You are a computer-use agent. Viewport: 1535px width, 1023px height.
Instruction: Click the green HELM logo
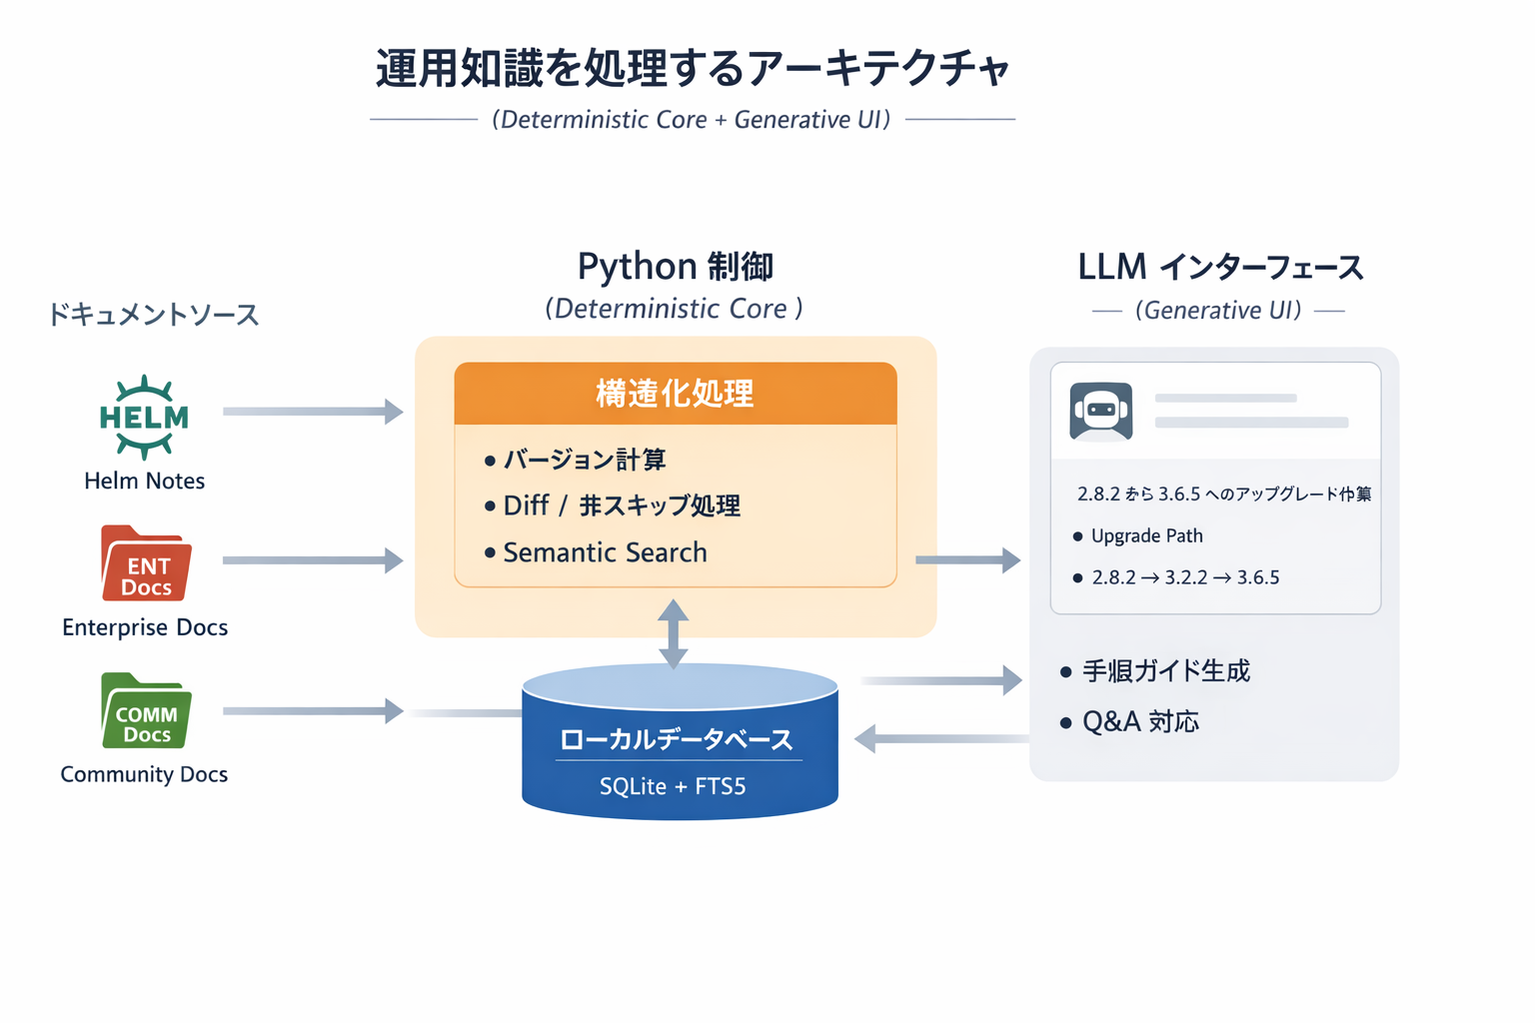[x=144, y=418]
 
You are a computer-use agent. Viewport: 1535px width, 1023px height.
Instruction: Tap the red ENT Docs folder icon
[x=146, y=564]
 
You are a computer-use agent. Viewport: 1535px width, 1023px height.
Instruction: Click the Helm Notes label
[x=144, y=481]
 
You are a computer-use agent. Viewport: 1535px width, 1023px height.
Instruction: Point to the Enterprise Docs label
[x=145, y=627]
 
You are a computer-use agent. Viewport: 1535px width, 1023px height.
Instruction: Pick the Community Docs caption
[x=144, y=774]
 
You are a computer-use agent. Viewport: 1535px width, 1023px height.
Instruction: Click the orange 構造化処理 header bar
[x=676, y=394]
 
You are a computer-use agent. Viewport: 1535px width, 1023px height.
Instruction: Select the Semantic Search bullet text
[x=605, y=552]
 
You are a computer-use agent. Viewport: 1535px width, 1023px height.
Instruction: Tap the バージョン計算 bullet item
[x=585, y=460]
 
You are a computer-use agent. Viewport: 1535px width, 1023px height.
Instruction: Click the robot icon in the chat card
[x=1100, y=411]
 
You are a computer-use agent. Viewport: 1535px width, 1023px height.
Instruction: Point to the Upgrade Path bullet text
[x=1146, y=536]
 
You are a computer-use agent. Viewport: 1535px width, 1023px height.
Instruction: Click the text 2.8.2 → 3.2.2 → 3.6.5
[x=1185, y=577]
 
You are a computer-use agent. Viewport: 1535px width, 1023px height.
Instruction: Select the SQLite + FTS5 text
[x=673, y=787]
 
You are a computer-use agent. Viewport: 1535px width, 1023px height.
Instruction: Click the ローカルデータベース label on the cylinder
[x=677, y=739]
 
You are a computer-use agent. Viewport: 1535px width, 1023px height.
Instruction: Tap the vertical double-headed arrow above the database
[x=674, y=633]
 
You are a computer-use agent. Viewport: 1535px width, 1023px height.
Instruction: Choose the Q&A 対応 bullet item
[x=1140, y=721]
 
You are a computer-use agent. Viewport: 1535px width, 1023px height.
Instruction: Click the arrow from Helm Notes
[x=312, y=412]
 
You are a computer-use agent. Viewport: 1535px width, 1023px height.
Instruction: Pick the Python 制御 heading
[x=676, y=267]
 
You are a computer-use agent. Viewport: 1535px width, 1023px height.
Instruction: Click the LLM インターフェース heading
[x=1220, y=268]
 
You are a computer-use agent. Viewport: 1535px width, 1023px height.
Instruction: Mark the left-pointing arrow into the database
[x=939, y=739]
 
